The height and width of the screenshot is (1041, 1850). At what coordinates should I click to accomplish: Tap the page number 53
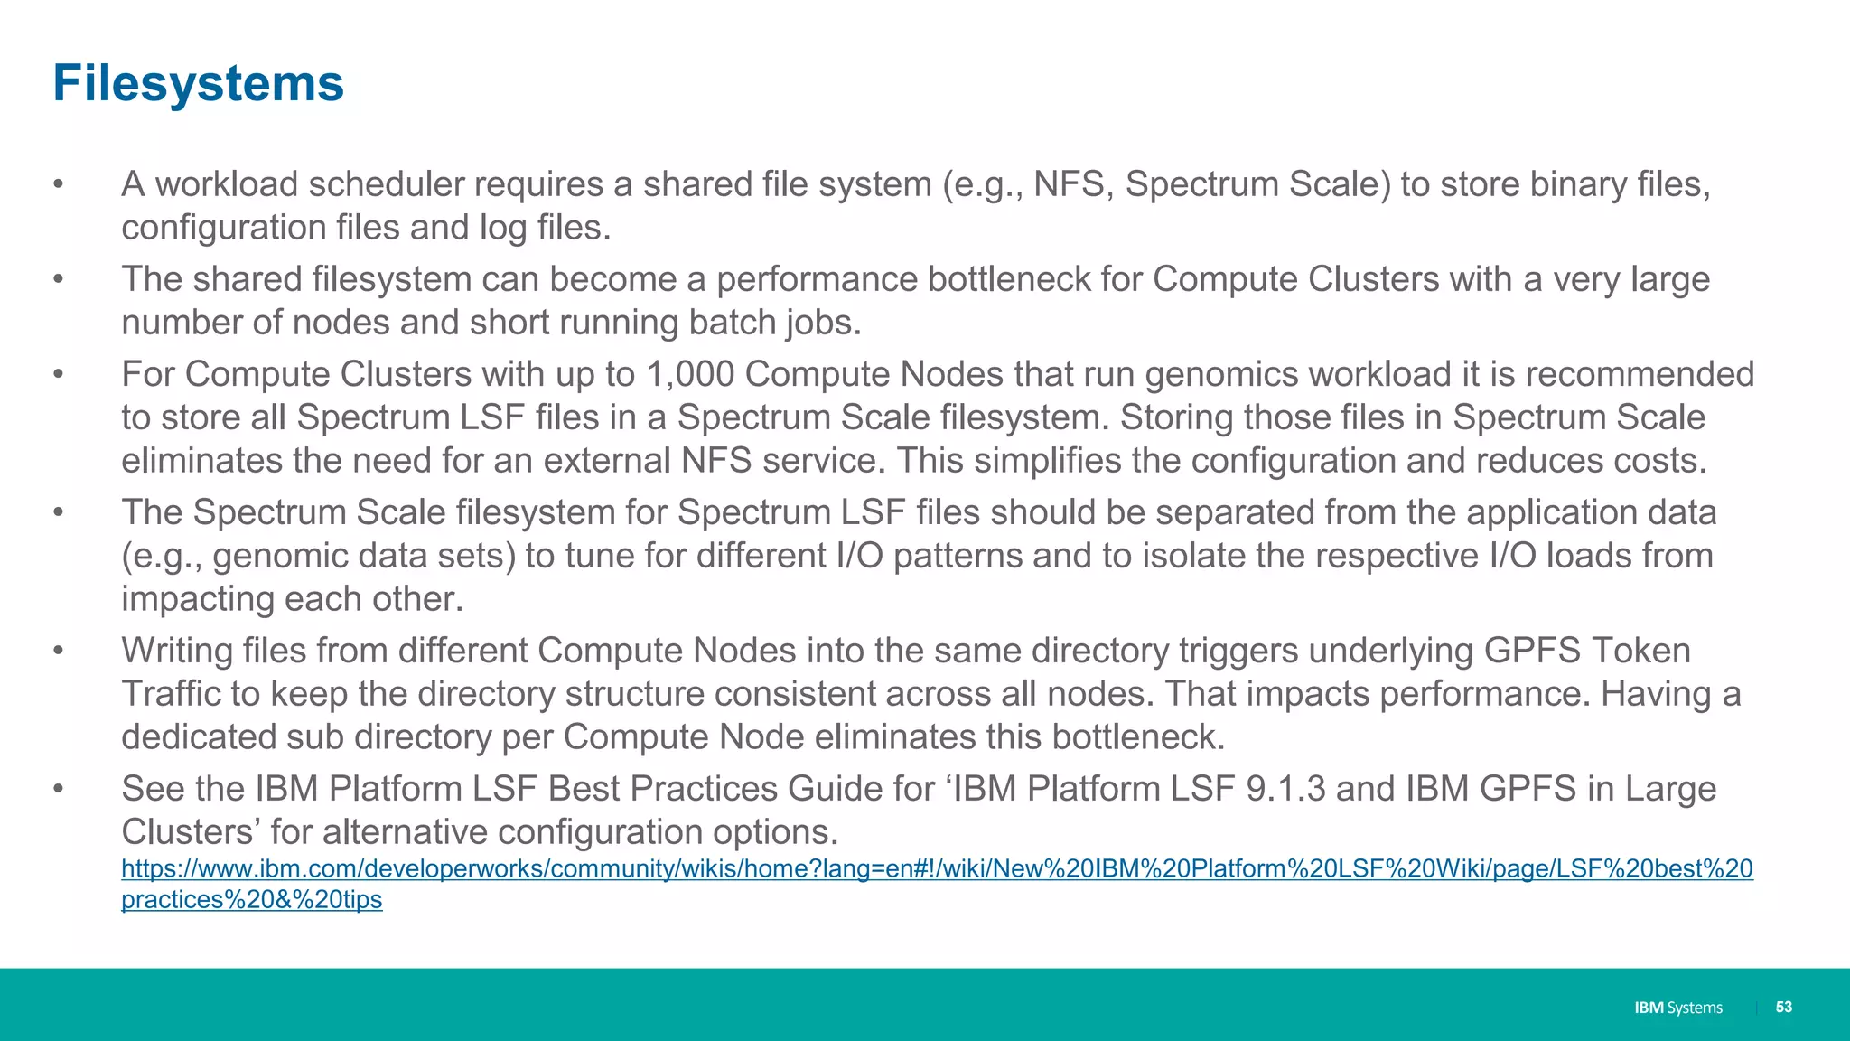pyautogui.click(x=1783, y=1007)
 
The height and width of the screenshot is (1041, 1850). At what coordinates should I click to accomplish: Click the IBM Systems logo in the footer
pyautogui.click(x=1678, y=1008)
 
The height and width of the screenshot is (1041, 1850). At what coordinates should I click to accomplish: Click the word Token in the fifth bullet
pyautogui.click(x=1640, y=651)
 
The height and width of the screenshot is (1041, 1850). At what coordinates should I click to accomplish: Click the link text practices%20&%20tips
pyautogui.click(x=252, y=900)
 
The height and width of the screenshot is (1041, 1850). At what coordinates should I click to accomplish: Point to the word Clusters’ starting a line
pyautogui.click(x=191, y=832)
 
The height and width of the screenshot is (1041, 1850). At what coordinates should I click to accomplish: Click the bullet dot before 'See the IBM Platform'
pyautogui.click(x=58, y=789)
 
